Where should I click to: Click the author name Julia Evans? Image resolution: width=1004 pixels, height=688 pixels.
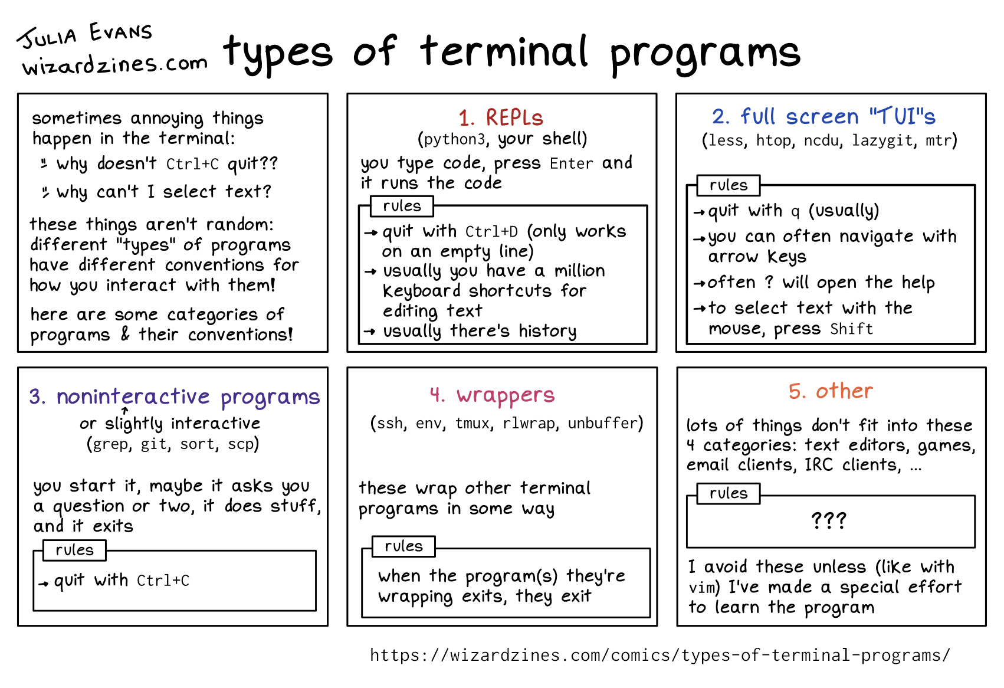point(84,35)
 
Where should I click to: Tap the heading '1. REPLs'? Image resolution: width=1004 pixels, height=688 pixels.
point(501,118)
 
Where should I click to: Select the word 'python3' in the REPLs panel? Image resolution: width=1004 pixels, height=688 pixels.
point(454,140)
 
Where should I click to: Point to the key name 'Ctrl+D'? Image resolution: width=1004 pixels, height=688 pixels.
point(492,232)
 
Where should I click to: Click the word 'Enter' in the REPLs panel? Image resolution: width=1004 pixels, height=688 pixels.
point(572,163)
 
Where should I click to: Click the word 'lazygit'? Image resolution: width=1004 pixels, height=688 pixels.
point(882,141)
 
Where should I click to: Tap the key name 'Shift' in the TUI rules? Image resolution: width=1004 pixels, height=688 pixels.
point(852,329)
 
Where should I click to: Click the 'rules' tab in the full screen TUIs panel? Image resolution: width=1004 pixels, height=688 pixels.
point(729,185)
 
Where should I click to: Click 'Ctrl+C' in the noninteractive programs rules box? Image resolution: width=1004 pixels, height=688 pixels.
point(163,581)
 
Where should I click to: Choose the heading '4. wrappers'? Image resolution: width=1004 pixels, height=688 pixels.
point(492,395)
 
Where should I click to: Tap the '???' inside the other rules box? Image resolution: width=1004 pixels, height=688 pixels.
point(829,520)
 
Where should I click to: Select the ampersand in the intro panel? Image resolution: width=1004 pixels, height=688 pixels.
point(125,335)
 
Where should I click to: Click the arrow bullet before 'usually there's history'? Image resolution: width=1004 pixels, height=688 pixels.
point(369,332)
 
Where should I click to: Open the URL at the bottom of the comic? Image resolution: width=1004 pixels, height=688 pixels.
point(660,656)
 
